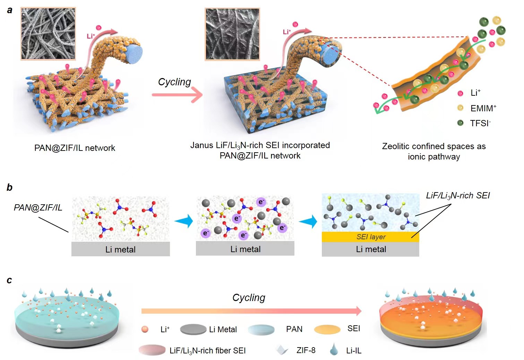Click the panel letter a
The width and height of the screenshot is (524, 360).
[10, 10]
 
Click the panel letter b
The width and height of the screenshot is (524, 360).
[10, 188]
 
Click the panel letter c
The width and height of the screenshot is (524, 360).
[9, 280]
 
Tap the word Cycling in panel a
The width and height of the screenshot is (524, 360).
[174, 82]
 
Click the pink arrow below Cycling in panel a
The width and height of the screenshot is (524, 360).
[177, 95]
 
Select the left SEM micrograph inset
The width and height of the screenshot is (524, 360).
[48, 34]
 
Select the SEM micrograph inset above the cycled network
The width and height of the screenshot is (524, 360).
[232, 34]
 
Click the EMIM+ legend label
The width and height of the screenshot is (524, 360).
[483, 108]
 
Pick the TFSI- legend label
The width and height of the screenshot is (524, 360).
[480, 123]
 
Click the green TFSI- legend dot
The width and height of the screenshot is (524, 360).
[460, 123]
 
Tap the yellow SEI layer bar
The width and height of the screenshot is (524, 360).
[370, 237]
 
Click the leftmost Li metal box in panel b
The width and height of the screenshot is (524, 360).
[120, 249]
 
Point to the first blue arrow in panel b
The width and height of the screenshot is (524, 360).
[184, 221]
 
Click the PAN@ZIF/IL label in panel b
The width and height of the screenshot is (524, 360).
[38, 207]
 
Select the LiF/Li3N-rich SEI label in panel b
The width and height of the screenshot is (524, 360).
[458, 196]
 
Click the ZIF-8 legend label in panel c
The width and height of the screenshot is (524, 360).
[306, 350]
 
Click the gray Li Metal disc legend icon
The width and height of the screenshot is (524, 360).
[193, 329]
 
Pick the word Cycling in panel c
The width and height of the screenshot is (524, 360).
[249, 298]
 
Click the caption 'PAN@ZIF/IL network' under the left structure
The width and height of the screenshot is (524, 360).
[75, 148]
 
